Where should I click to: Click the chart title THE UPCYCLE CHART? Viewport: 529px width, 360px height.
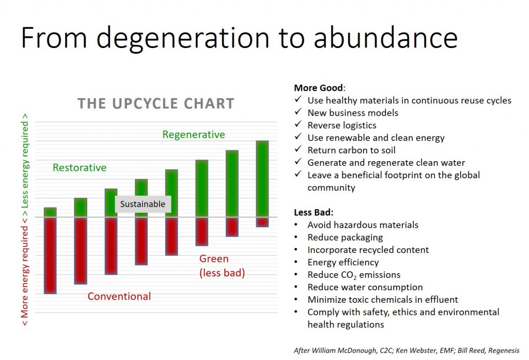coord(156,104)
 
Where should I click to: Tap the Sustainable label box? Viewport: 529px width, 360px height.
coord(143,204)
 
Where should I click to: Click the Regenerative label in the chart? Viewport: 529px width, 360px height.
coord(194,135)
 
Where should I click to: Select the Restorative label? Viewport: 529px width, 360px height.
coord(80,167)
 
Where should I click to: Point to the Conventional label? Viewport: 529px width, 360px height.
coord(119,296)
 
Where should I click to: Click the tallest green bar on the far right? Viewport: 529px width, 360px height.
coord(262,179)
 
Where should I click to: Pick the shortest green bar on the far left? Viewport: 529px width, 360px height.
coord(50,212)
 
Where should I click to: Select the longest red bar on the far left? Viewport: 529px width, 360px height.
coord(50,255)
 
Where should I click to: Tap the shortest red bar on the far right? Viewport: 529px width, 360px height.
coord(262,222)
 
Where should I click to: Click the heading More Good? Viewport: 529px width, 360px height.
coord(319,88)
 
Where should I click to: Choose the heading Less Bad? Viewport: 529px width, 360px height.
coord(314,212)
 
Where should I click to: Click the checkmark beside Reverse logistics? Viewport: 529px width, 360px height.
coord(298,124)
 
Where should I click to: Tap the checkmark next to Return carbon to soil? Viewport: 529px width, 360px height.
coord(298,149)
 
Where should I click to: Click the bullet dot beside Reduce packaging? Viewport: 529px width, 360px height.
coord(296,237)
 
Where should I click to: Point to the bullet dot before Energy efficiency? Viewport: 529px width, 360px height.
coord(296,262)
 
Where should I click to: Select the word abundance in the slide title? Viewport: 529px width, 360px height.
coord(385,38)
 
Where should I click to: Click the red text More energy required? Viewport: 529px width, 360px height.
coord(25,272)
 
